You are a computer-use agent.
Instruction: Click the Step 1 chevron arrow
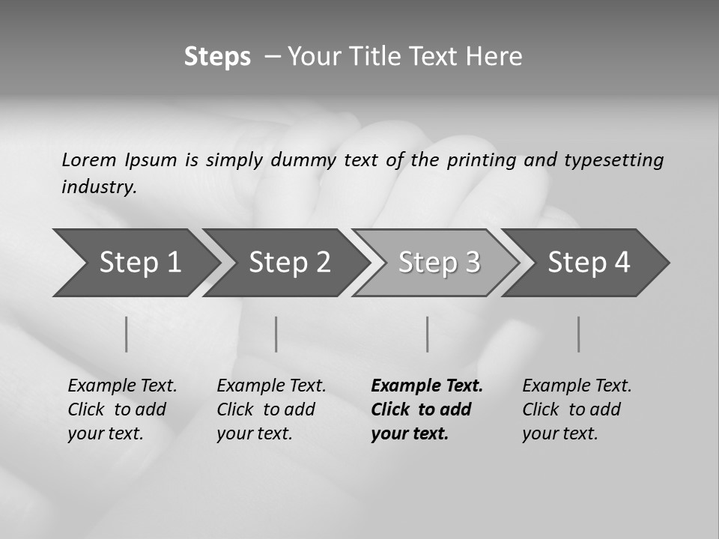point(139,263)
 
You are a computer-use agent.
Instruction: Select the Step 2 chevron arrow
point(288,263)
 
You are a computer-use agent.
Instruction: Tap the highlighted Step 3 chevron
point(438,263)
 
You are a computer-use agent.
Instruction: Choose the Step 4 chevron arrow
point(588,263)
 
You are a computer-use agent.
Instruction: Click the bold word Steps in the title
point(217,57)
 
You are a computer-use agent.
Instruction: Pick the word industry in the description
point(99,187)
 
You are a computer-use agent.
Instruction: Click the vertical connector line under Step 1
point(127,334)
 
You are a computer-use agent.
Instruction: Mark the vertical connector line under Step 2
point(276,334)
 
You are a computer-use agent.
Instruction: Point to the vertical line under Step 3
point(428,334)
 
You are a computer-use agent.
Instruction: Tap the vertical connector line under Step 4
point(578,334)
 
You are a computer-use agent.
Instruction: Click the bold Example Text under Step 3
point(427,386)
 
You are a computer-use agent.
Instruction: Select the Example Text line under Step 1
point(122,386)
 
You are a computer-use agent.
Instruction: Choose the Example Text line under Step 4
point(577,386)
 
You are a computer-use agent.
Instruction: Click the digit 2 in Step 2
point(322,263)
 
